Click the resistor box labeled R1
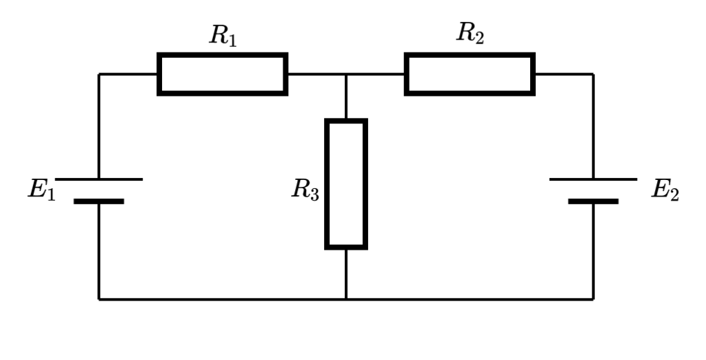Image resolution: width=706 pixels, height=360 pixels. click(x=222, y=74)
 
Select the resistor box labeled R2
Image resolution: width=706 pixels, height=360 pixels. click(x=470, y=74)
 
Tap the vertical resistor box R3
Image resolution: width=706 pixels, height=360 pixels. click(x=346, y=183)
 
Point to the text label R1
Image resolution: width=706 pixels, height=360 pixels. click(x=223, y=36)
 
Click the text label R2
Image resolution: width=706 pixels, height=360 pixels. click(x=470, y=33)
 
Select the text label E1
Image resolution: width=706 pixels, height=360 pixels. click(x=41, y=190)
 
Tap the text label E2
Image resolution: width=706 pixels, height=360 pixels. click(x=665, y=190)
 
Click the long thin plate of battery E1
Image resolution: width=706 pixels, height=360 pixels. click(x=99, y=179)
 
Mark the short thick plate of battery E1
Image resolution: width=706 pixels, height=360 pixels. click(x=99, y=201)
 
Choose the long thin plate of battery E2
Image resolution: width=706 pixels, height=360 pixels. click(x=593, y=179)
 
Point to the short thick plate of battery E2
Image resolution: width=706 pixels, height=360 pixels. click(x=593, y=201)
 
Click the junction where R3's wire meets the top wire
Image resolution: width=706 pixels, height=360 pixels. click(x=346, y=74)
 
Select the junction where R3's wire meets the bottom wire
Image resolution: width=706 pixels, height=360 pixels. click(x=346, y=299)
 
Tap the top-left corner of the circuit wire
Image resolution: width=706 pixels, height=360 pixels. click(x=99, y=74)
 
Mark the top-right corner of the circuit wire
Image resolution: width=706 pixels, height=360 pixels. click(x=593, y=74)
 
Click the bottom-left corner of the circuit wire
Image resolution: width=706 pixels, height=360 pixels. click(x=99, y=299)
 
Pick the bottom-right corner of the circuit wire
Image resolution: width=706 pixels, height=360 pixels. click(x=593, y=299)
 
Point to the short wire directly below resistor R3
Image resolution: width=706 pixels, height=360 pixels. click(x=346, y=274)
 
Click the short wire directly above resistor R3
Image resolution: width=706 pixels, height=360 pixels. click(x=346, y=97)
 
